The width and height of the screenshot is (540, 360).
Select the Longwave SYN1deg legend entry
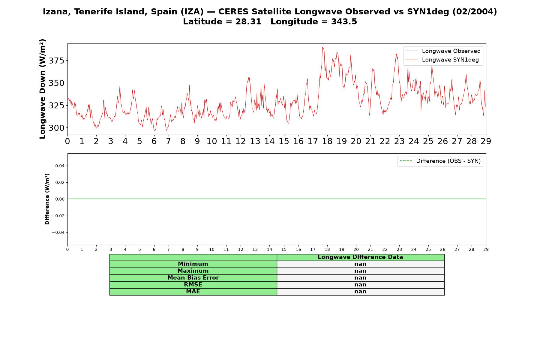[x=442, y=60]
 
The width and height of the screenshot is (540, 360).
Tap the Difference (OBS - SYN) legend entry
[x=440, y=161]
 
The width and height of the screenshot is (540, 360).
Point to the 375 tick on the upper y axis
[x=56, y=61]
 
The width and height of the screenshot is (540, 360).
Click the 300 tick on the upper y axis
[x=56, y=128]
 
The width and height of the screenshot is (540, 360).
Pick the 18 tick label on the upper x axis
[x=327, y=141]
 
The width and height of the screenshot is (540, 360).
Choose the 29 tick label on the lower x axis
[x=486, y=249]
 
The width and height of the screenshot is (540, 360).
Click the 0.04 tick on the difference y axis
[x=60, y=166]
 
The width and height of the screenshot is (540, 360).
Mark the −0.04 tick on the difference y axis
[x=58, y=232]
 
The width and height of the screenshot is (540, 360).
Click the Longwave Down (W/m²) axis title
[x=43, y=89]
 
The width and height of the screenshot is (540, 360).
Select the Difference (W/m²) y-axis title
[x=47, y=199]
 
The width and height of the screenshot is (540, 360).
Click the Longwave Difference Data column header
[x=360, y=257]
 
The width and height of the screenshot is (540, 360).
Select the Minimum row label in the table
[x=193, y=264]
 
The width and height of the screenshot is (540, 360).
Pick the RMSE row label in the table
[x=193, y=285]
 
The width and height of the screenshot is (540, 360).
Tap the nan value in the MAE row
[x=360, y=292]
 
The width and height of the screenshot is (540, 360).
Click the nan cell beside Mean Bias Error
[x=360, y=278]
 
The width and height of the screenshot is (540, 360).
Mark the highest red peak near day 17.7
[x=322, y=47]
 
